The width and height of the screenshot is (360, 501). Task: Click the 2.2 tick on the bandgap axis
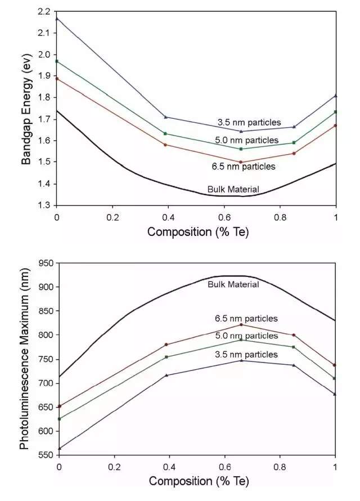tap(43, 11)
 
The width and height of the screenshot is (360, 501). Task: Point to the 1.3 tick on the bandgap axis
tap(43, 205)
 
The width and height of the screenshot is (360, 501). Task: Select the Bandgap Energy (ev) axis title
tap(26, 108)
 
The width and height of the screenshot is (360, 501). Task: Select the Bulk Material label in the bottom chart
tap(233, 284)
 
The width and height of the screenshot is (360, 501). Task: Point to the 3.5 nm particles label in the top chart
tap(249, 122)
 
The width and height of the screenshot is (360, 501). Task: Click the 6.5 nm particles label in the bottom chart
tap(247, 319)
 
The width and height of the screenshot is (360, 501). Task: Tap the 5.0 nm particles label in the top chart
tap(247, 140)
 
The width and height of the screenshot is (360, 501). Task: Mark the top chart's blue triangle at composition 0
tap(57, 19)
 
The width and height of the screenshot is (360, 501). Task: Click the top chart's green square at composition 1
tap(335, 112)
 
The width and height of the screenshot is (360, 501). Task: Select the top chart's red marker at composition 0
tap(57, 79)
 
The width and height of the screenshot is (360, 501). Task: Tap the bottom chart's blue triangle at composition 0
tap(59, 449)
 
